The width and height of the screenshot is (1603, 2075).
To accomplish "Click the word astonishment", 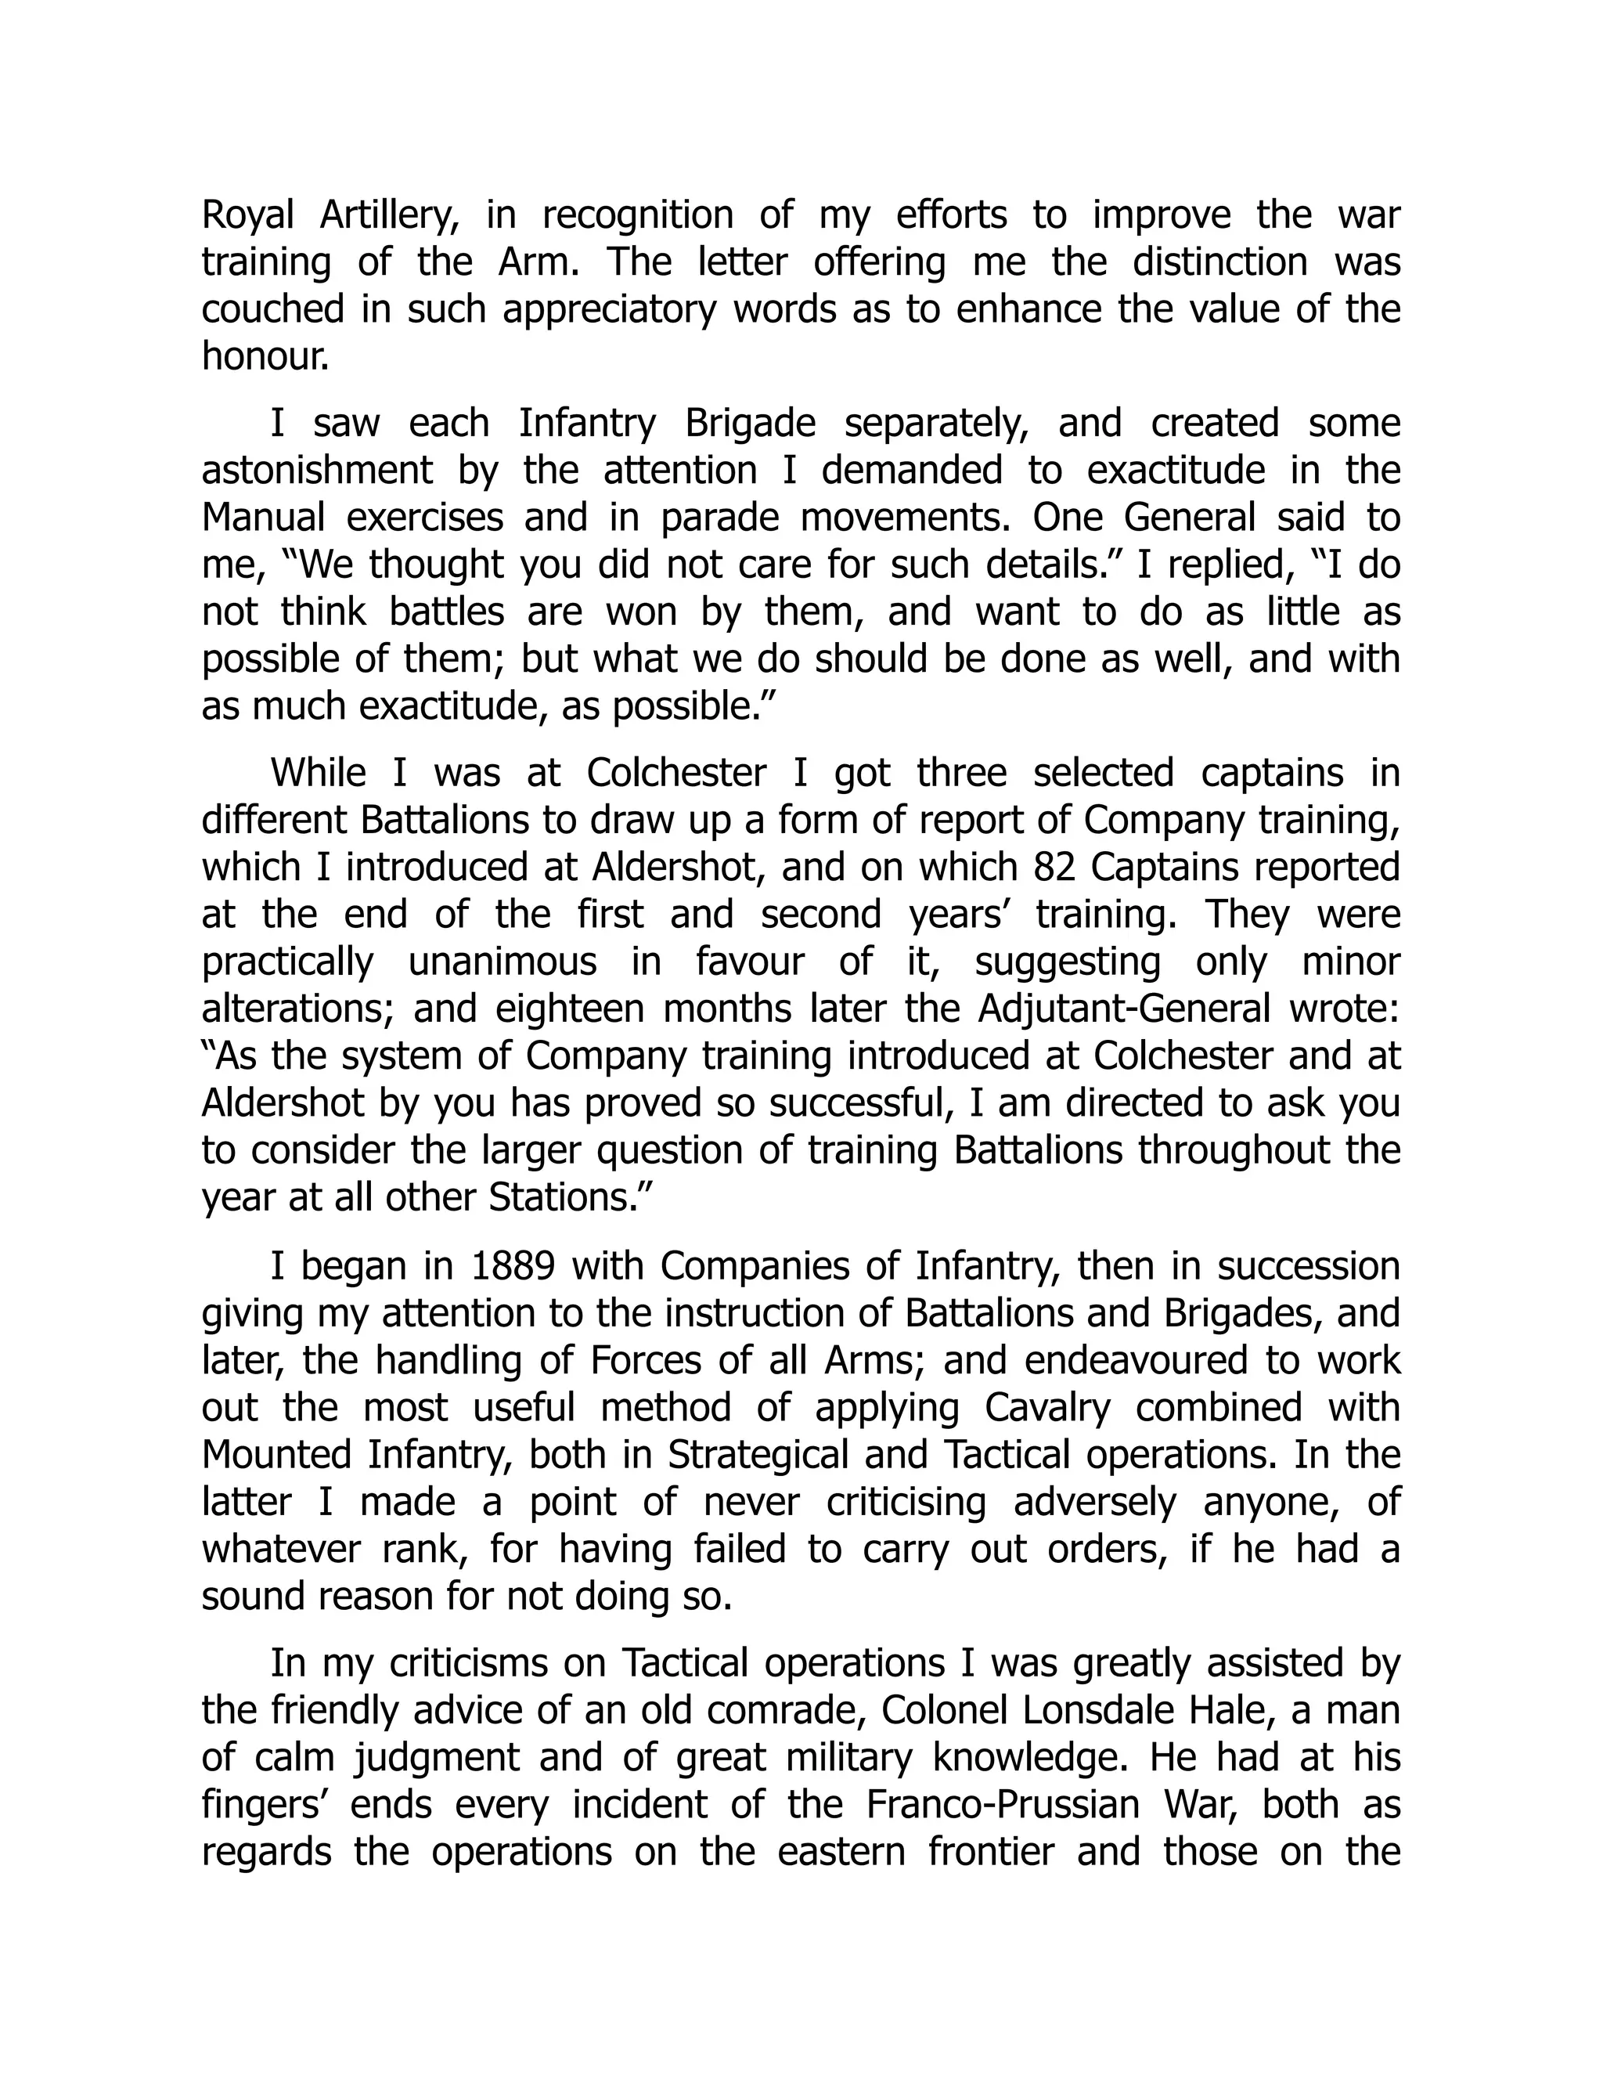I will point(317,471).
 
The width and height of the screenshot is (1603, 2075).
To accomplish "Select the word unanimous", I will point(503,962).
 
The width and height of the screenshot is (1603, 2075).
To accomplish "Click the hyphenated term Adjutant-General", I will point(1123,1009).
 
